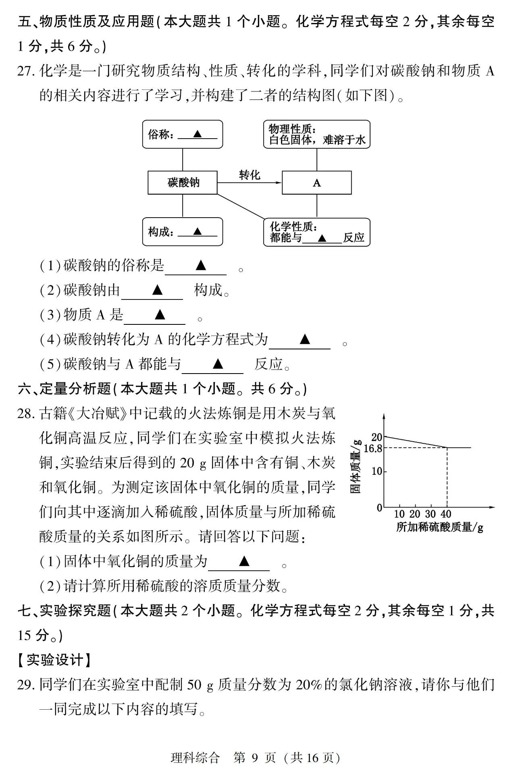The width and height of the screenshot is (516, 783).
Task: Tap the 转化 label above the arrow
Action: [250, 175]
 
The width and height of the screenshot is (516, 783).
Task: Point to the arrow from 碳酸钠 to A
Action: [250, 183]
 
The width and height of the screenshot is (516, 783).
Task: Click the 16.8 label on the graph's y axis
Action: [373, 449]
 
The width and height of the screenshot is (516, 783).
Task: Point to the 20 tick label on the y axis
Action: [377, 437]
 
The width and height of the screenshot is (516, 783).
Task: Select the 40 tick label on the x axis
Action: [446, 514]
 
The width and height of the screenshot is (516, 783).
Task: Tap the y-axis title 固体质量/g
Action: [356, 467]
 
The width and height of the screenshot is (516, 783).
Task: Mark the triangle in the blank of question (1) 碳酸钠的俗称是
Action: [201, 265]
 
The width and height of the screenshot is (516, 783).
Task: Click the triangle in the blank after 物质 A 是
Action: [160, 314]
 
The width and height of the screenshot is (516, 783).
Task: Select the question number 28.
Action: [26, 413]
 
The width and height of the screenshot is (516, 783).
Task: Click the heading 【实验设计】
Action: [55, 660]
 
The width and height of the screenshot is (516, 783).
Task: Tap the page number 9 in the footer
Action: [254, 758]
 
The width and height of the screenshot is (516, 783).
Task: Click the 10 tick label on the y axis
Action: [377, 471]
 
